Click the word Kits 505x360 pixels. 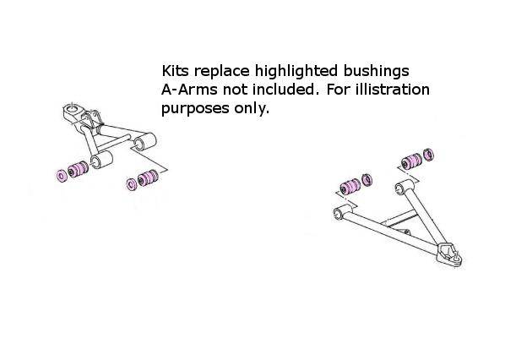coord(175,71)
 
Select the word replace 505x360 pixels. coord(221,72)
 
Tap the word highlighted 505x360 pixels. coord(296,72)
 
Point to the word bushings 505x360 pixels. coord(376,72)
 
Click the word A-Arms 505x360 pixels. coord(189,90)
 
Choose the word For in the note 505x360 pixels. coord(338,90)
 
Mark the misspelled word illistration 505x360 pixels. coord(393,90)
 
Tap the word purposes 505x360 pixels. coord(194,109)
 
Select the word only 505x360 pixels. coord(251,108)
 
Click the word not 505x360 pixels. coord(235,90)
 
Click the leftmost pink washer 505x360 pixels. coord(62,175)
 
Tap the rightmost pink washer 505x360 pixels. coord(429,155)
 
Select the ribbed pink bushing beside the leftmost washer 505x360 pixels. coord(79,169)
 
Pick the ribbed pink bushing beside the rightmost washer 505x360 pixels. coord(412,161)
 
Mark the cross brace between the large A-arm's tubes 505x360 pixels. coord(399,219)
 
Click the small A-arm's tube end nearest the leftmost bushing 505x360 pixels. coord(101,160)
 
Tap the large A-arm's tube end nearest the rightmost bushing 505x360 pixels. coord(404,186)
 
